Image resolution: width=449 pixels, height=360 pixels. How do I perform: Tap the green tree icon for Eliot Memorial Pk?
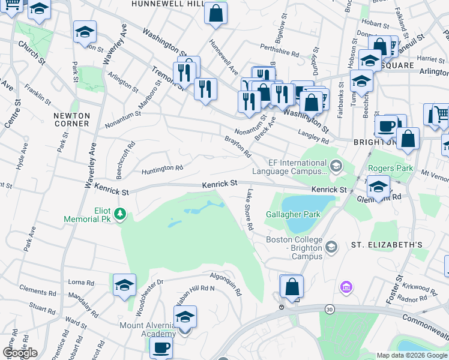pos(120,213)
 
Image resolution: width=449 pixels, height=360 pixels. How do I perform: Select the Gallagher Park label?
pos(294,214)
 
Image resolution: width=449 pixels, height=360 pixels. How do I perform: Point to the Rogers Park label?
pos(391,169)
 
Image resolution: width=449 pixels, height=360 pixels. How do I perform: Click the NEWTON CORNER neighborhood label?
pos(71,119)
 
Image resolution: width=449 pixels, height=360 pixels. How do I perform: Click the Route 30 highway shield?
pos(329,308)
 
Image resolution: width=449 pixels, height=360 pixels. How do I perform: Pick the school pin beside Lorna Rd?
pos(124,284)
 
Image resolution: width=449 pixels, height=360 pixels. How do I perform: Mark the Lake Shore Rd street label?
pos(249,211)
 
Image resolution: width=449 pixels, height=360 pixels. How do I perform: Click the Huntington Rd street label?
pos(162,169)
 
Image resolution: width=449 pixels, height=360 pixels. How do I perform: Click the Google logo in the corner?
pos(20,353)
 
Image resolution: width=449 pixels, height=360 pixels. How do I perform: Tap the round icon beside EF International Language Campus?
pos(336,165)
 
